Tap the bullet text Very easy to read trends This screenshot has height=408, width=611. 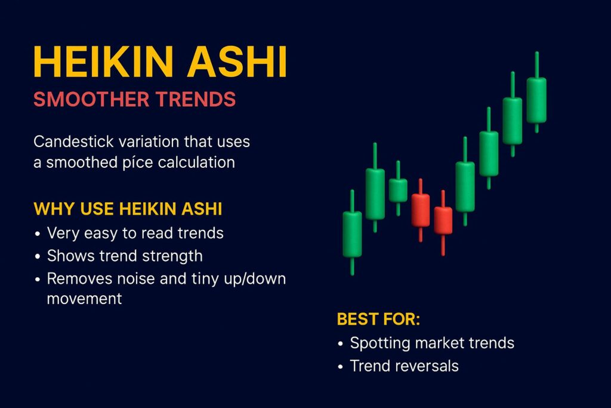135,233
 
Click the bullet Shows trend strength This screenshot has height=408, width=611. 125,256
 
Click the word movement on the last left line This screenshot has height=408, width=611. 84,299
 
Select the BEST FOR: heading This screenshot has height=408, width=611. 378,319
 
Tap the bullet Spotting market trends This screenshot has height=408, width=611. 431,343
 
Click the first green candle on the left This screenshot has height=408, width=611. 352,234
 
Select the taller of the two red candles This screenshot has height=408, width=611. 421,210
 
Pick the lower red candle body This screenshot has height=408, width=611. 443,220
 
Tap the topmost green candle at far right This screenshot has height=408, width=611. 536,100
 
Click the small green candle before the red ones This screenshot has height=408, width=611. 398,191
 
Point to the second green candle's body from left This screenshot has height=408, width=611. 375,194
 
